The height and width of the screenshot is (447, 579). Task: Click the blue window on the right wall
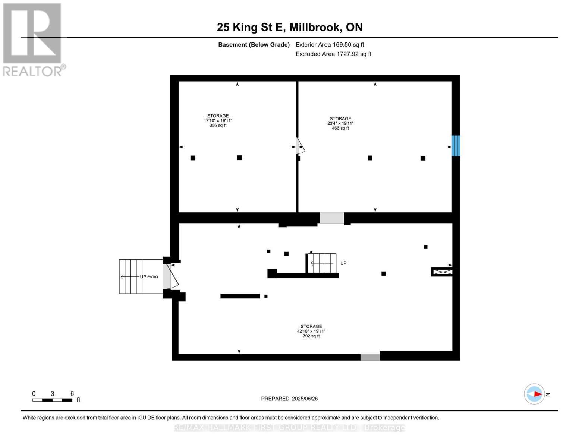tap(456, 146)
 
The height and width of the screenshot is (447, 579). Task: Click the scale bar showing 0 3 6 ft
tap(53, 400)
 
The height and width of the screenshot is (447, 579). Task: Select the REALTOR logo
tap(33, 39)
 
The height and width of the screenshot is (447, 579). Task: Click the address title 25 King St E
tap(289, 27)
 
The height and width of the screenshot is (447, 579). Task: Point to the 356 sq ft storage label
tap(218, 120)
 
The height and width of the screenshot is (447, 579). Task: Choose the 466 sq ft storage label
tap(340, 123)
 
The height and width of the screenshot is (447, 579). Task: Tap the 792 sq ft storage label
tap(311, 331)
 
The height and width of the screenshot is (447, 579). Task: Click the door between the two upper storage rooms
tap(300, 146)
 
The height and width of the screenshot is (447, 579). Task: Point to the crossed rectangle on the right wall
tap(443, 272)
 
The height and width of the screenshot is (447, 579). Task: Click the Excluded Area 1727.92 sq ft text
tap(333, 54)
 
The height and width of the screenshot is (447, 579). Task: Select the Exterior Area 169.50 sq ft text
tap(330, 45)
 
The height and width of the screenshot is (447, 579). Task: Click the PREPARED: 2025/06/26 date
tap(289, 399)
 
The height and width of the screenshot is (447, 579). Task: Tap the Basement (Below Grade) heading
tap(254, 45)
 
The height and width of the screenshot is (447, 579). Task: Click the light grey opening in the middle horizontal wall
tap(331, 218)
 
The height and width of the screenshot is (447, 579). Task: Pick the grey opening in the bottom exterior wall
tap(370, 357)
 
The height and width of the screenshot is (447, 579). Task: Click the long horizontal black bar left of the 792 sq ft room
tap(240, 296)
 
